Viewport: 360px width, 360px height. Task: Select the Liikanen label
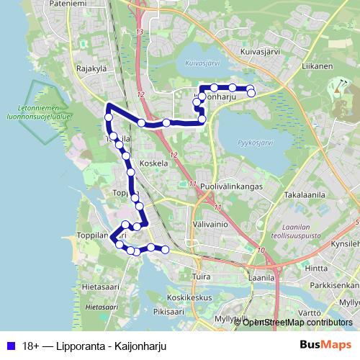[x=316, y=66]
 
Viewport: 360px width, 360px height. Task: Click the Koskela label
[x=154, y=163]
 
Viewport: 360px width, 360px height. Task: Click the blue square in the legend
[x=10, y=345]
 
